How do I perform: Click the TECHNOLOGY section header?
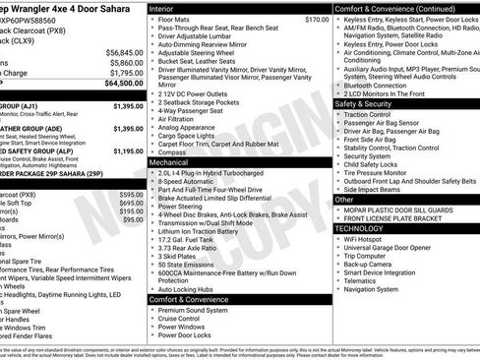coord(367,227)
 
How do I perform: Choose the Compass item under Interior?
coord(173,151)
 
